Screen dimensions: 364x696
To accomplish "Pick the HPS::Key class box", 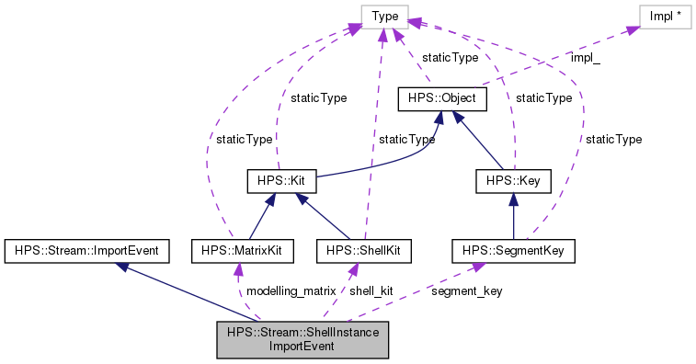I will coord(513,179).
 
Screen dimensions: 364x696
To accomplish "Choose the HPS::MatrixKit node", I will coord(237,249).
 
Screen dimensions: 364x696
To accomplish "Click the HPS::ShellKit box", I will coord(362,249).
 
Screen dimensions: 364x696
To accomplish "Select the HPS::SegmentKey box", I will coord(513,249).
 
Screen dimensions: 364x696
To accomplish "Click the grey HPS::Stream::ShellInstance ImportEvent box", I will coord(302,339).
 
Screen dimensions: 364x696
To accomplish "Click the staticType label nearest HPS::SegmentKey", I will coord(613,139).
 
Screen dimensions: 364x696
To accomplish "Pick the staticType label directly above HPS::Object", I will coord(450,57).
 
